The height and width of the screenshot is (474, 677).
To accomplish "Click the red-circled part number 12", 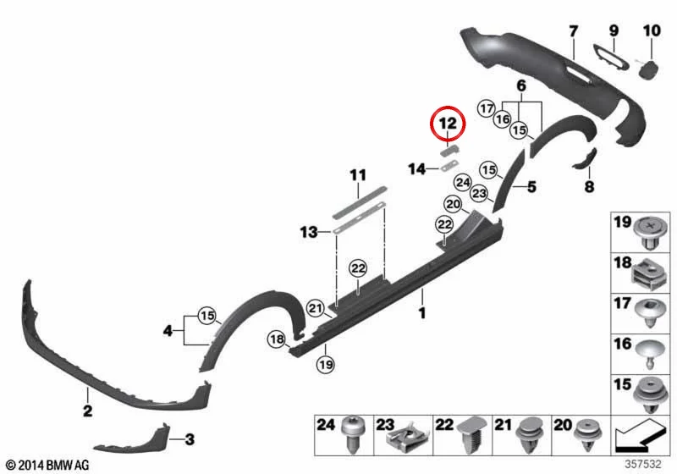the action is click(x=448, y=124).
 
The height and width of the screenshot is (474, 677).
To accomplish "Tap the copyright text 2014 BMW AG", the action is click(x=48, y=465).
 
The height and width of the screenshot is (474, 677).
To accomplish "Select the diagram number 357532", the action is click(x=643, y=464).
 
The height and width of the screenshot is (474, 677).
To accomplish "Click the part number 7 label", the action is click(x=573, y=31).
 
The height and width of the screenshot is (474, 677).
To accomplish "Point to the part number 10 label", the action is click(x=652, y=30).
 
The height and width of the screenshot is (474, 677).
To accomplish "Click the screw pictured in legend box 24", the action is click(x=350, y=435).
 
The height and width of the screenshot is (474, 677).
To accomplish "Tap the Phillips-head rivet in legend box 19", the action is click(x=647, y=232).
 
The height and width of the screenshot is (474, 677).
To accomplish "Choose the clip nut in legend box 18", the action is click(x=647, y=273).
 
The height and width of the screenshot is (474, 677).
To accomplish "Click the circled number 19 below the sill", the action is click(x=326, y=365).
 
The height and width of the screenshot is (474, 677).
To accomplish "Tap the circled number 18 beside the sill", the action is click(x=277, y=339).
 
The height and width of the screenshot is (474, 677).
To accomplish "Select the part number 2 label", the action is click(x=88, y=411).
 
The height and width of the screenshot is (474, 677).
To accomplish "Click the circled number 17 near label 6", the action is click(x=487, y=108).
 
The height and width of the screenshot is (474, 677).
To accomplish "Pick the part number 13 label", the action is click(x=309, y=232).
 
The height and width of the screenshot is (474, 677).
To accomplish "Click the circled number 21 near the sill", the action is click(x=316, y=308).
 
